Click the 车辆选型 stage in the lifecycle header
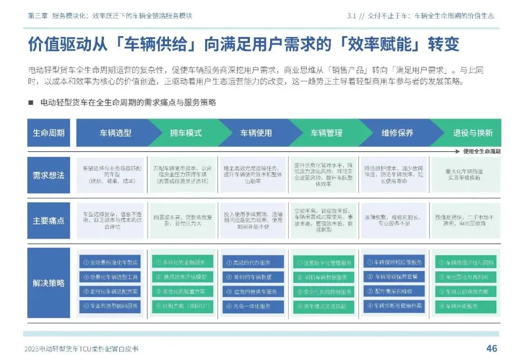tap(116, 133)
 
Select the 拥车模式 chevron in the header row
tap(186, 133)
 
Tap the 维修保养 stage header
tap(397, 133)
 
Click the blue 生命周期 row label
tap(49, 133)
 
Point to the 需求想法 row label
tap(49, 175)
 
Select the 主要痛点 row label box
tap(49, 221)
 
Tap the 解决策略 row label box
tap(49, 283)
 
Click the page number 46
tap(491, 348)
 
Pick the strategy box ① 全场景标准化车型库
tap(110, 262)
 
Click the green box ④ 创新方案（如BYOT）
tap(182, 306)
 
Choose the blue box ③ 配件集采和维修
tap(394, 292)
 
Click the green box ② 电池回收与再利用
tap(465, 277)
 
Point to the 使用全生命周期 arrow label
tap(481, 151)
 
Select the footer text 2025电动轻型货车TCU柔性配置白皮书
tap(85, 349)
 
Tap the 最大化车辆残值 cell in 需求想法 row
tap(465, 174)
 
